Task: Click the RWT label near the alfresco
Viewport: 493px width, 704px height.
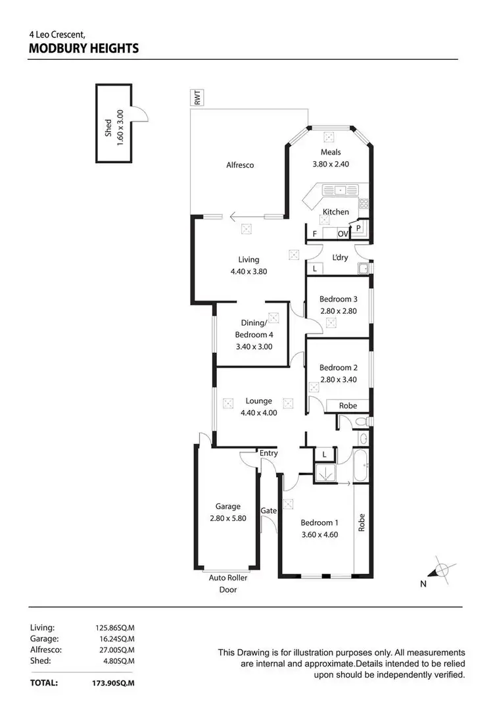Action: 197,98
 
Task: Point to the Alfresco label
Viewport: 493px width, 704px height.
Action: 240,165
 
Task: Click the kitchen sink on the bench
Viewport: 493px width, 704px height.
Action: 340,191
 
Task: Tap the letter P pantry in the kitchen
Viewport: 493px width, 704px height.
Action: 358,228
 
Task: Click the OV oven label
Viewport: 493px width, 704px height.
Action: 342,234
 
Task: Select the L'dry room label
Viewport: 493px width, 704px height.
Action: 340,257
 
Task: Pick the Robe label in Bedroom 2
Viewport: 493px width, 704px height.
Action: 348,406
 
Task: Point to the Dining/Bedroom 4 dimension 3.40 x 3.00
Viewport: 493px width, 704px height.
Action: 254,346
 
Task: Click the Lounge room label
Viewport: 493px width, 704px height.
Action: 258,401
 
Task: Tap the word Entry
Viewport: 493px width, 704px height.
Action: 269,453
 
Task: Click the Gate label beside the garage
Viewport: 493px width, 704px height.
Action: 268,511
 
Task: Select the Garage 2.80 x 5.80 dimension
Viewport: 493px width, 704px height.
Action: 227,518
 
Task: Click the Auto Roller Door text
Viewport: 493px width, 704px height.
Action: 227,584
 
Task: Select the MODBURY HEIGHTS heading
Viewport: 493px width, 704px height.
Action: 83,48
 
